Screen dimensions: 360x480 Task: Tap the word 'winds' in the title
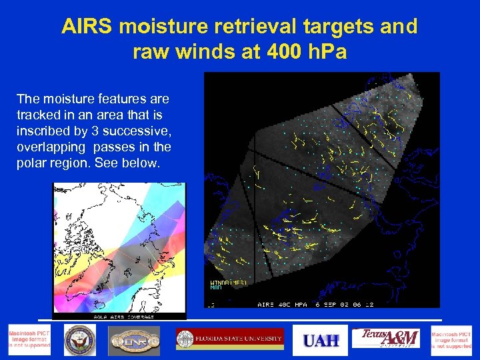click(x=221, y=52)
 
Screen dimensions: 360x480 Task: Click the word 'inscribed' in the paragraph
click(x=43, y=131)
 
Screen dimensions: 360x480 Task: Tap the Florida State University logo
click(x=230, y=339)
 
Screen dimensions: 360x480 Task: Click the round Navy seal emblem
click(x=81, y=340)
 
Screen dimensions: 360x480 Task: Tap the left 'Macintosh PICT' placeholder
click(x=29, y=340)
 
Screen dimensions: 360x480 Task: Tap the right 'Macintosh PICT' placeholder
click(x=451, y=340)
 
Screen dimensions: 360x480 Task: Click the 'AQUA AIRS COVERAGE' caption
click(x=119, y=317)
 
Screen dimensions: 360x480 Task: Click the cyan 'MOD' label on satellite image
click(x=216, y=288)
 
